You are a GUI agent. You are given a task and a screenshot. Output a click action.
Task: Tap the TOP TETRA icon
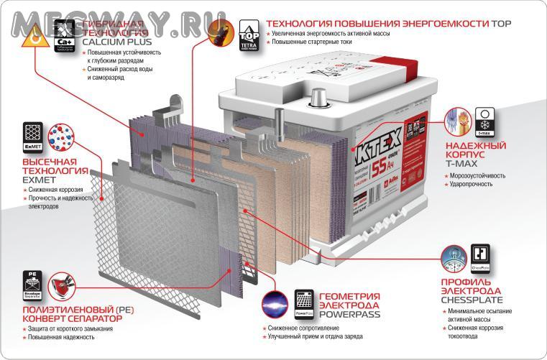248,37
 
